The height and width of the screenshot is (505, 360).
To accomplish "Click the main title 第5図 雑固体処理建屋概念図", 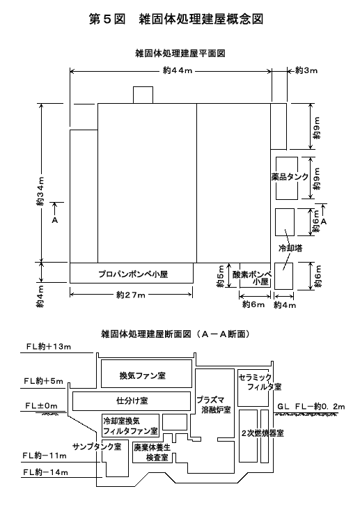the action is coord(176,19).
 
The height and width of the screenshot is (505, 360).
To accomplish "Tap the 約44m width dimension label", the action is coord(178,70).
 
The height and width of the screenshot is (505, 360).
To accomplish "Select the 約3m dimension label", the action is coord(306,70).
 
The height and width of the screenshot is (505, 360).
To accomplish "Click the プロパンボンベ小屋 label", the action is coord(133,274).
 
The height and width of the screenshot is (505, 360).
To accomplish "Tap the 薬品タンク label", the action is coord(290,176).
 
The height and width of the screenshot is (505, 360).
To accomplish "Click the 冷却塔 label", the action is coord(290,248).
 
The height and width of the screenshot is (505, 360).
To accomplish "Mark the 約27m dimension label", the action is coord(131,295).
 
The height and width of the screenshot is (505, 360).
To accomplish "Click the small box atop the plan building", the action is coord(143,95).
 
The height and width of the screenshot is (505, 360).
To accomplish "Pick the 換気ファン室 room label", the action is coord(143,375).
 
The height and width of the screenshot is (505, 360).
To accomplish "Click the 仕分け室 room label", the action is coord(132,401).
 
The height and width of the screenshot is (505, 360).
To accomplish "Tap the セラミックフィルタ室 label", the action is coord(260,382).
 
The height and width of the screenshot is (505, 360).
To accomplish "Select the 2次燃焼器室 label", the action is coord(263,433).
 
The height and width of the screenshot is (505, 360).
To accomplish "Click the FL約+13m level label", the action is coord(48,347).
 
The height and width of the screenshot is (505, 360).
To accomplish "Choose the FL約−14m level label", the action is coord(45,472).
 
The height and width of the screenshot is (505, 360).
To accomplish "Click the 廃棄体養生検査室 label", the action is coord(152,453).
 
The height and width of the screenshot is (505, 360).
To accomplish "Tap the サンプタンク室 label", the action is coord(97,446).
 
